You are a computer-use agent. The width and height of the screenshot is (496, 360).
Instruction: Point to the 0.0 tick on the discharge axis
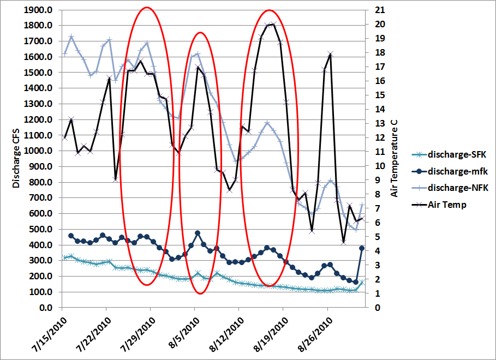click(45, 308)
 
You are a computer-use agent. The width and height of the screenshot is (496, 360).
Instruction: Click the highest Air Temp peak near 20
click(273, 24)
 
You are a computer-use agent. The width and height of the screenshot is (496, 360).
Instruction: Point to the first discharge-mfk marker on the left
click(71, 236)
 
